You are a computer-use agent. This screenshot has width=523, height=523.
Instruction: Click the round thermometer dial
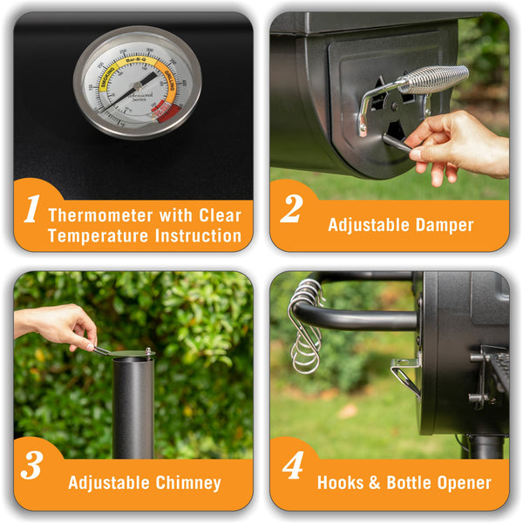(x=137, y=83)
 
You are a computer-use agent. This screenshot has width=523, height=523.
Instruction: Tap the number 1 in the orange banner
(x=31, y=210)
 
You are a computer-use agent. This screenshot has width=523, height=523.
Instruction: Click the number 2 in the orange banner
(x=291, y=210)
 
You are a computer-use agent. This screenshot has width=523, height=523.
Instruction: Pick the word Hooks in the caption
(x=340, y=483)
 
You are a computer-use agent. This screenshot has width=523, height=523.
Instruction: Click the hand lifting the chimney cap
(x=58, y=325)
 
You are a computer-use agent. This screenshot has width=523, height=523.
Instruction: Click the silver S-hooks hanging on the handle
(x=306, y=327)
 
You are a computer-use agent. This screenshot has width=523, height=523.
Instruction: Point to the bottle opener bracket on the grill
(x=405, y=373)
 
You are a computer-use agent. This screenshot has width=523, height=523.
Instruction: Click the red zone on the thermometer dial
(x=165, y=109)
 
